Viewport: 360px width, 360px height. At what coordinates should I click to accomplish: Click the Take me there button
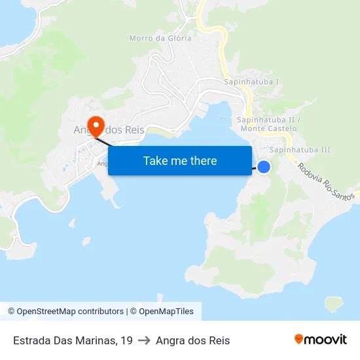180,160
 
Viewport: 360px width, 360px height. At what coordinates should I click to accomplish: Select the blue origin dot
264,167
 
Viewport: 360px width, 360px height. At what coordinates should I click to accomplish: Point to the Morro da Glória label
160,38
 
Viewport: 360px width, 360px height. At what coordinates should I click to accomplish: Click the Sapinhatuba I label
251,82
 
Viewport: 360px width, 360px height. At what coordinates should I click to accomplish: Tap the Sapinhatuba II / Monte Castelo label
268,124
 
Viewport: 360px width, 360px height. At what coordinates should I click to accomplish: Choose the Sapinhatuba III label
300,150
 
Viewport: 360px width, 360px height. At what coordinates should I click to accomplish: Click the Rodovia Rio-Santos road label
325,181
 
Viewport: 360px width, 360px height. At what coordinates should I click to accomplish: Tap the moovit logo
320,340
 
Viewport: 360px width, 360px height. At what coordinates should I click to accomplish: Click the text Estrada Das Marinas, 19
73,340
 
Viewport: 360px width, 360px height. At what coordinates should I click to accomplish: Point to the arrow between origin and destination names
144,340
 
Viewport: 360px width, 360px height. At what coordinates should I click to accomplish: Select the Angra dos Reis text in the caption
192,340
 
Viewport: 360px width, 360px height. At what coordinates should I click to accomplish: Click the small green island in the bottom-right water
334,304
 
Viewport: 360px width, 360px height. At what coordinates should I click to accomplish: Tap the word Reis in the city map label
133,130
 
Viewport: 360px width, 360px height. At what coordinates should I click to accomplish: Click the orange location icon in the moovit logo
299,339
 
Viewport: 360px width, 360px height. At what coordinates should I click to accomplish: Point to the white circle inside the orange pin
96,122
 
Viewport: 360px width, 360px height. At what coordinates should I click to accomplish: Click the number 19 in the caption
126,340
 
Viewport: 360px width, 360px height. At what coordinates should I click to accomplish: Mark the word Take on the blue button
155,160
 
